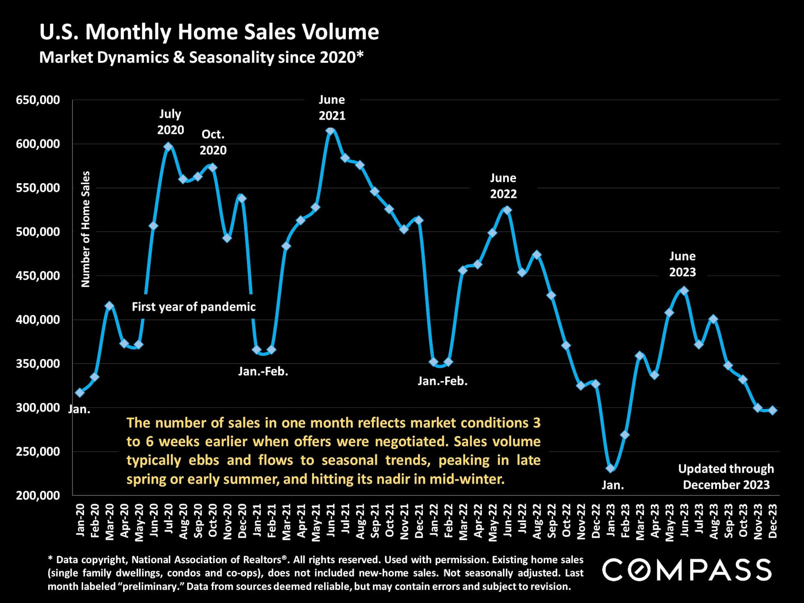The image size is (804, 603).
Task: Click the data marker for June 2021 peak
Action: (x=330, y=131)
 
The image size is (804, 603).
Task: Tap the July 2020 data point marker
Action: (x=168, y=147)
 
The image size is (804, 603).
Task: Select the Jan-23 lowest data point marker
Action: (x=610, y=468)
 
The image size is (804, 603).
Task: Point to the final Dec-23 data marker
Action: (x=773, y=410)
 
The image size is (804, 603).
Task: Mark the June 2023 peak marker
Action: (x=684, y=291)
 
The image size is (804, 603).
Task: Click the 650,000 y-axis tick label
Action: (x=38, y=100)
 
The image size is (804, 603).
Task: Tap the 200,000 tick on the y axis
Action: (x=38, y=495)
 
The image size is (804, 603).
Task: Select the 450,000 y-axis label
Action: (x=38, y=276)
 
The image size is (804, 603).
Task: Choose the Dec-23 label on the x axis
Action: (x=773, y=521)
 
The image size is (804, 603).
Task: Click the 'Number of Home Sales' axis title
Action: (x=85, y=229)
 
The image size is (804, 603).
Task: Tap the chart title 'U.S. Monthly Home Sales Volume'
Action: (x=209, y=32)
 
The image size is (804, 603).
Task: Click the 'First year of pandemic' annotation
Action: (x=193, y=307)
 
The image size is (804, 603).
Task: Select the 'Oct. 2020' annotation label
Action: (x=213, y=142)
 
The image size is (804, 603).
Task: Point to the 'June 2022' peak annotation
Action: (x=503, y=186)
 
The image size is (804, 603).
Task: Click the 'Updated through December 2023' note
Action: (x=726, y=477)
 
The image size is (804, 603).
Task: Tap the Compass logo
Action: (x=686, y=570)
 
